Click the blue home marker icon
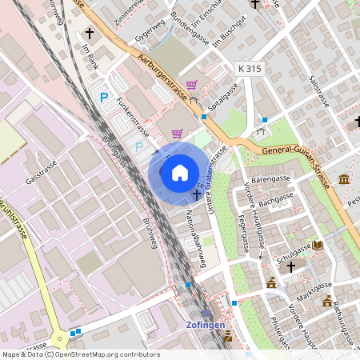point(179,172)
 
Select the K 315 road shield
point(249,69)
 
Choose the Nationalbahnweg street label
point(192,239)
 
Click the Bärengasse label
point(270,179)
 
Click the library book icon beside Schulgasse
point(318,245)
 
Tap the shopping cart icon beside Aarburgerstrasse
point(191,85)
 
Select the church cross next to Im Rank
point(90,34)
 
